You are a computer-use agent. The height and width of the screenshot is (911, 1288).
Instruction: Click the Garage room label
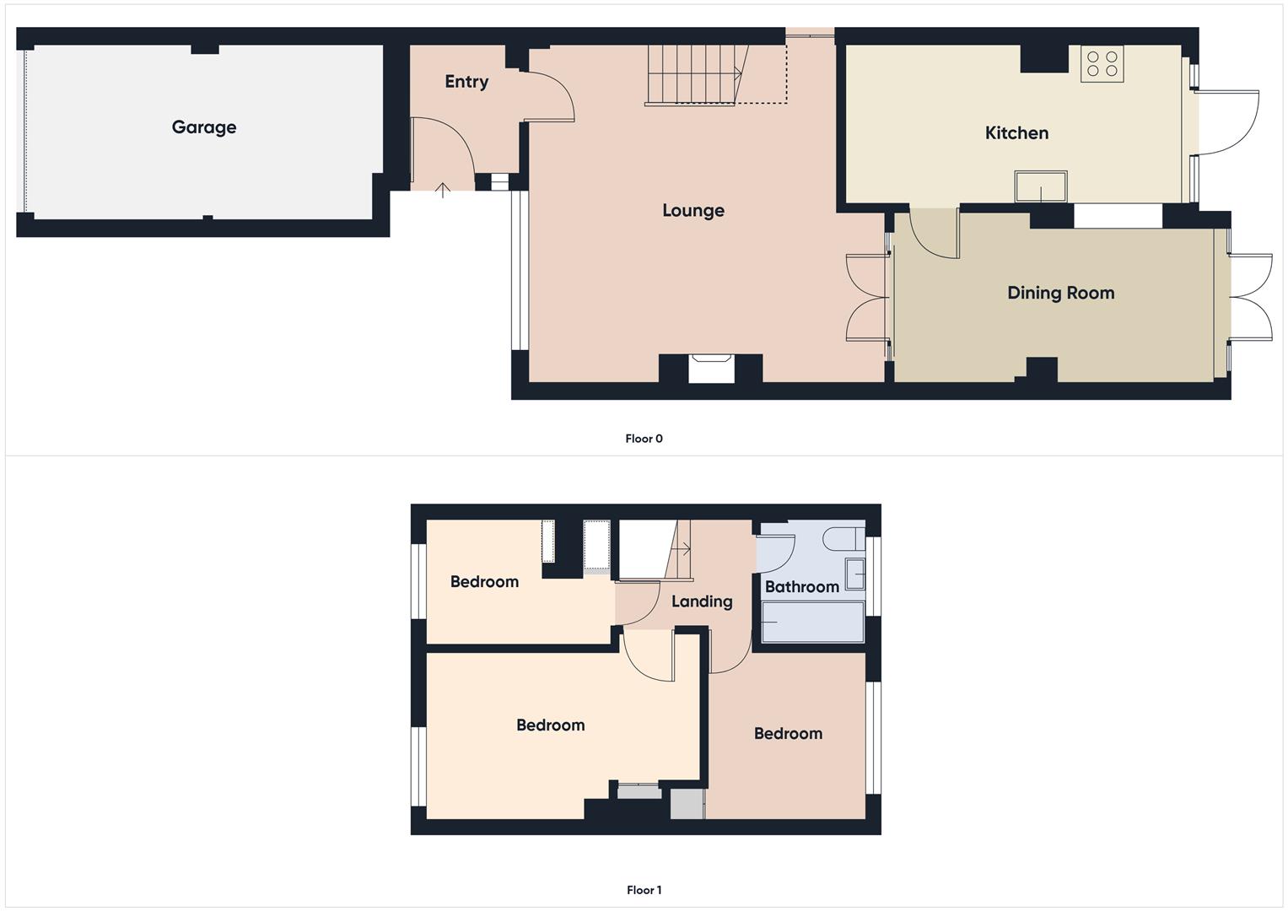click(x=204, y=127)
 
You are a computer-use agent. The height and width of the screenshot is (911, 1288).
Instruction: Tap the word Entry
click(x=466, y=82)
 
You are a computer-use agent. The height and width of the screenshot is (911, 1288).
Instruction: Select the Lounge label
click(x=693, y=211)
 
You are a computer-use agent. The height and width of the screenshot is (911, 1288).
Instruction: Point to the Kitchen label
click(x=1016, y=133)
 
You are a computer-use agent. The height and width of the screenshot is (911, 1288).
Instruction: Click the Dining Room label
click(x=1060, y=294)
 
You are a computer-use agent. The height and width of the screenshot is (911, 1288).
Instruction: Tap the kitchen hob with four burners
click(x=1102, y=64)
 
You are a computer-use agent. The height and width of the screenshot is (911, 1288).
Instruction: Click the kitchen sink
click(x=1041, y=186)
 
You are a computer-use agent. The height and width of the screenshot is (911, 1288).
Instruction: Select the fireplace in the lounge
click(x=711, y=369)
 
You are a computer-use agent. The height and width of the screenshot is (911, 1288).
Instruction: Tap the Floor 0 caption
click(x=644, y=439)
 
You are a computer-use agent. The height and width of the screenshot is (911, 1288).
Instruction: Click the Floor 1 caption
click(x=644, y=890)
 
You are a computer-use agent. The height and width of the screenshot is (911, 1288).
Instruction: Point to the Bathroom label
click(x=801, y=587)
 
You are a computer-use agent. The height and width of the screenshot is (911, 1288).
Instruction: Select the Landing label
click(x=701, y=601)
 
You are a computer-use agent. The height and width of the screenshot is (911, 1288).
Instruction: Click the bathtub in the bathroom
click(x=812, y=622)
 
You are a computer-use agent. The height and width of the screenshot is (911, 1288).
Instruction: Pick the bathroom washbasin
click(x=855, y=574)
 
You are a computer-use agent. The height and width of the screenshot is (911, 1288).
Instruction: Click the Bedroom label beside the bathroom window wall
click(x=788, y=734)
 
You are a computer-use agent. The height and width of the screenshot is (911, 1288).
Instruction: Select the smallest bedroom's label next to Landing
click(x=484, y=582)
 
